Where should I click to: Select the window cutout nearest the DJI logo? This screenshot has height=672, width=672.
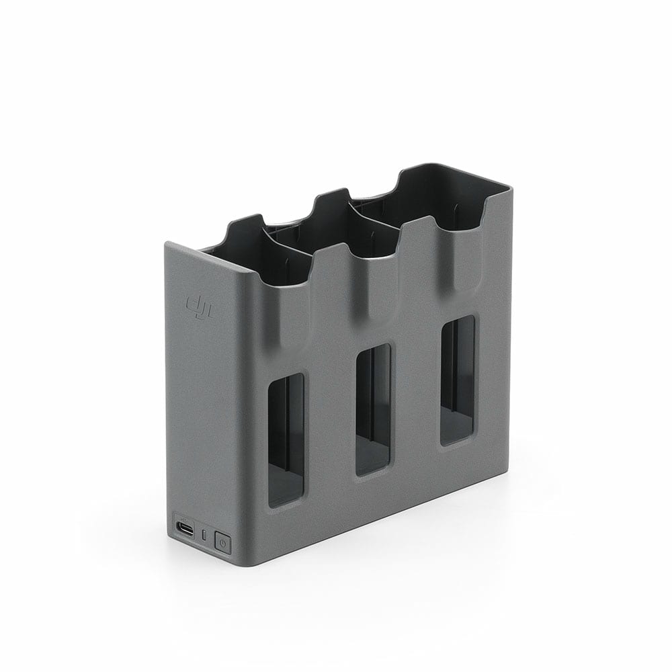286,440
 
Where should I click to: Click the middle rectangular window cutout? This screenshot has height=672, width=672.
373,410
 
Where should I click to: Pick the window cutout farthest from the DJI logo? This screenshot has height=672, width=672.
458,381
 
